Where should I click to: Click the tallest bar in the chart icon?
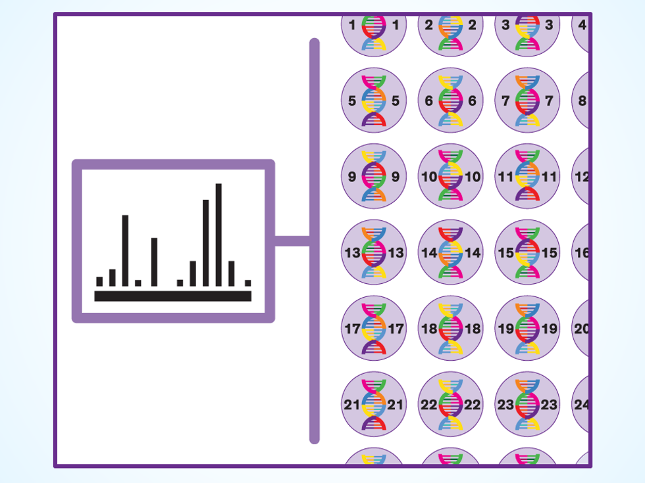(219, 235)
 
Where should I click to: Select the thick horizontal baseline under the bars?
(172, 296)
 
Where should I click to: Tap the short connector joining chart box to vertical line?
(292, 241)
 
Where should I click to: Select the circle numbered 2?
(450, 26)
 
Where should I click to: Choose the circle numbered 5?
(374, 101)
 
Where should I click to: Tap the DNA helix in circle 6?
(450, 101)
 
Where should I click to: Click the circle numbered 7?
(527, 101)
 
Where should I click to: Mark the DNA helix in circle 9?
(374, 176)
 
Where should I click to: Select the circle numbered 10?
(450, 176)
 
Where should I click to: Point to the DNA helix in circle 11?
(527, 176)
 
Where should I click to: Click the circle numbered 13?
(374, 252)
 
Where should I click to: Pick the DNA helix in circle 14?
(450, 252)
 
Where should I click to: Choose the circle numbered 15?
(527, 252)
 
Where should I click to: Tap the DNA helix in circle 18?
(450, 328)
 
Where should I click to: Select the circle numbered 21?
(374, 404)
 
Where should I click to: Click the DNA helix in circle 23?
(527, 404)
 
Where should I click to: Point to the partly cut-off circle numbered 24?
(580, 404)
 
